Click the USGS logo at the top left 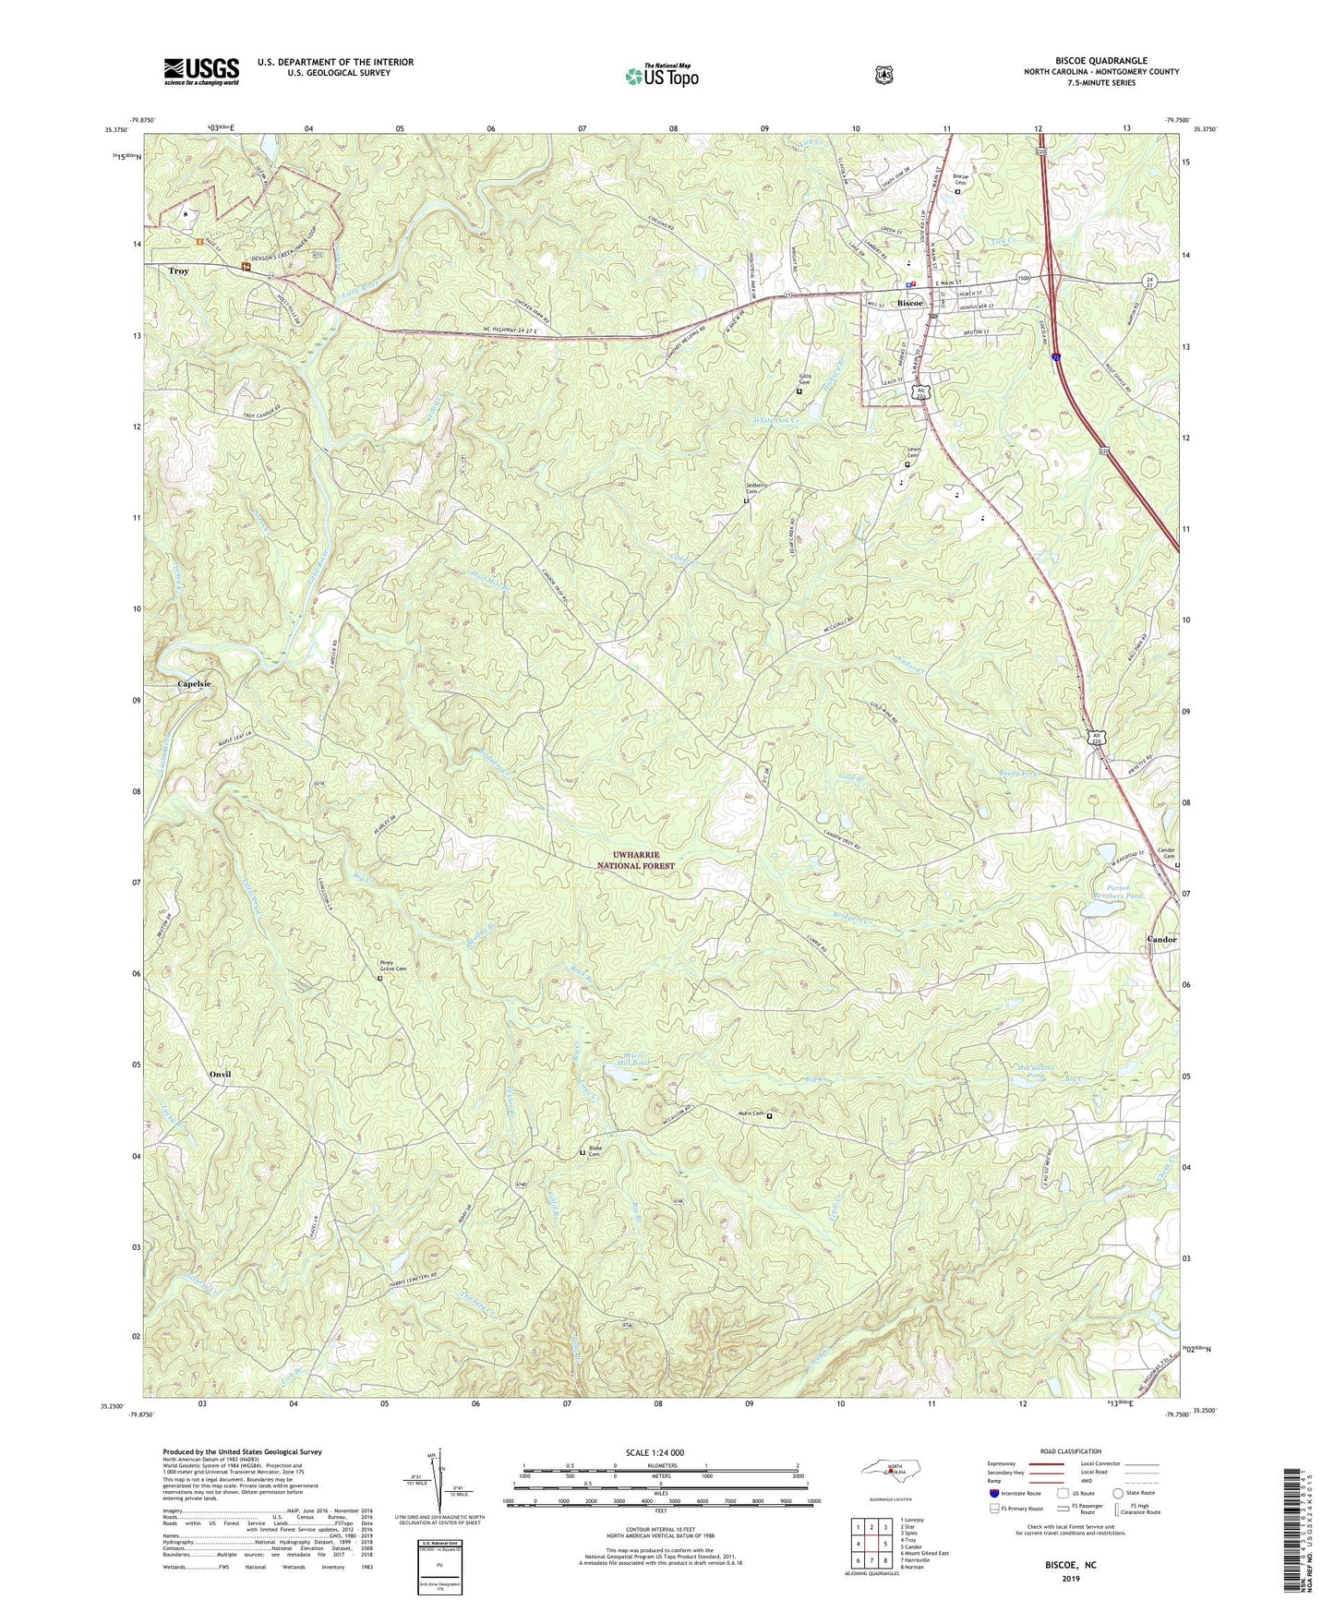[201, 71]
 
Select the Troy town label [178, 271]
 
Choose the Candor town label [1161, 939]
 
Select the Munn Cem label [750, 1113]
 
